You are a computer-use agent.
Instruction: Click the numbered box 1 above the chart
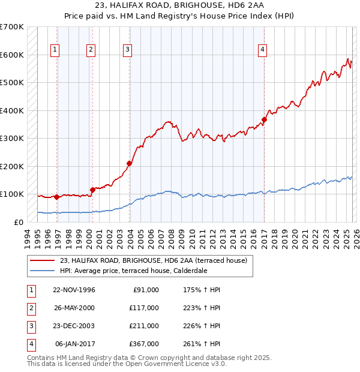coord(55,50)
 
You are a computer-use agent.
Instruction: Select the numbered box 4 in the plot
coord(263,50)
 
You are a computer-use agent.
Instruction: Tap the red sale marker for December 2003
coord(129,163)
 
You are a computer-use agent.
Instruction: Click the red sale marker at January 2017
coord(264,120)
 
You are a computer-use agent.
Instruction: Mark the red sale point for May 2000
coord(92,190)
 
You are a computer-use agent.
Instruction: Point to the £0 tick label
coord(19,222)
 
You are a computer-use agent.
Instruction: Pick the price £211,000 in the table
coord(144,326)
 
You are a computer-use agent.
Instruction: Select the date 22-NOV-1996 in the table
coord(75,290)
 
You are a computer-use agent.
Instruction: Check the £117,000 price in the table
coord(144,308)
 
